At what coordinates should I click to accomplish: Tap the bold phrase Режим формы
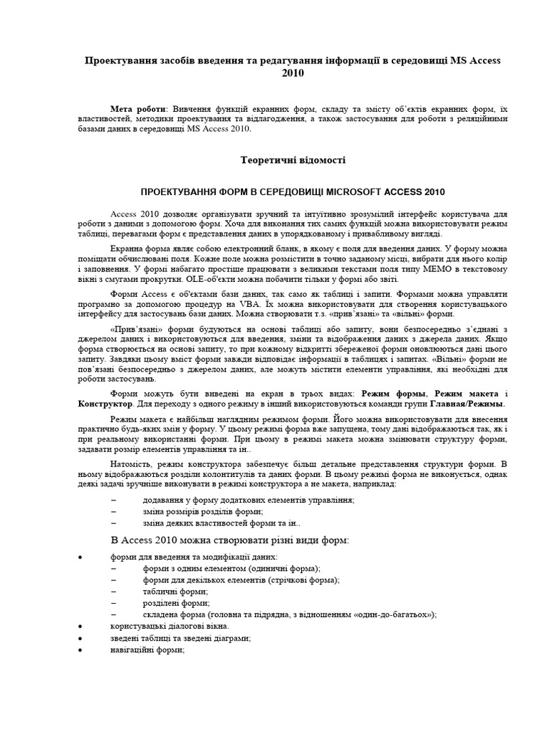(x=394, y=393)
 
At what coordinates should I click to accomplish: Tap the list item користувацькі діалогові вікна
(x=170, y=626)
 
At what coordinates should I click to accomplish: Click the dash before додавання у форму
(x=114, y=500)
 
